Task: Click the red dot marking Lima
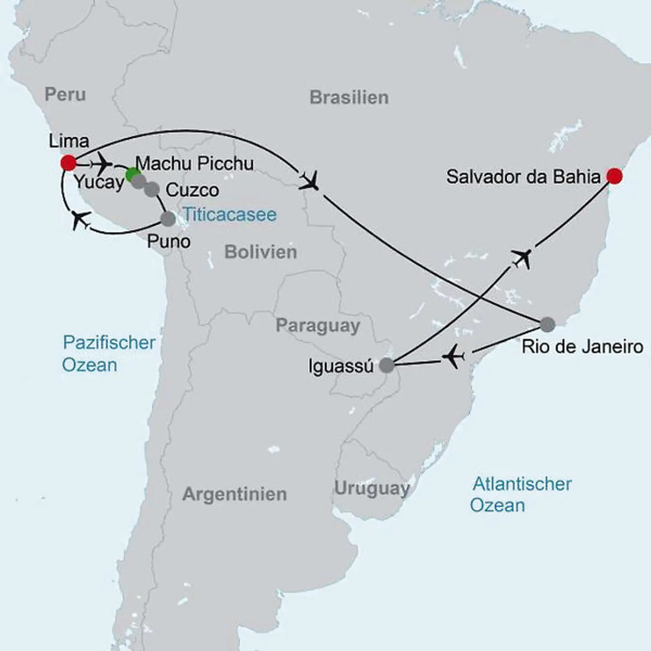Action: (x=68, y=163)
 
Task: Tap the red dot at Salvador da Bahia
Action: (x=614, y=176)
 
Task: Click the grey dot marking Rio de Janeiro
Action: (x=547, y=324)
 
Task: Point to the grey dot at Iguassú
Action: (x=387, y=365)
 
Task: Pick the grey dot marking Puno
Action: (x=168, y=219)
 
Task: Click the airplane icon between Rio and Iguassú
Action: (x=453, y=358)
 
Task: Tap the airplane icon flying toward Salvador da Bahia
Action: (x=522, y=258)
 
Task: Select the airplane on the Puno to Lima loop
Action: (x=81, y=220)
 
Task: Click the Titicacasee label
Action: (x=229, y=215)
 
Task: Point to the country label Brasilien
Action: (x=349, y=98)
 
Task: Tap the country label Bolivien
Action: (x=260, y=252)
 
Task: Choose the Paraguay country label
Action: (x=318, y=326)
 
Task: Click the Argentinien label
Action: (x=234, y=494)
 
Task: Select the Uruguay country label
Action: (x=372, y=489)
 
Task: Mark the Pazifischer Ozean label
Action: (x=108, y=354)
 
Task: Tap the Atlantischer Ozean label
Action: (x=521, y=495)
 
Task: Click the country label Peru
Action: (x=65, y=94)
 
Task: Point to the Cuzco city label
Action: (x=192, y=190)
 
